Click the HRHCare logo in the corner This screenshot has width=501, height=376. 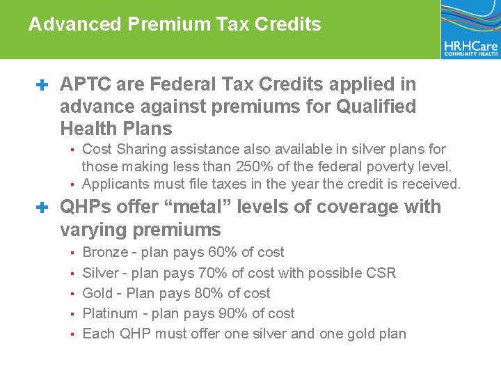click(x=470, y=30)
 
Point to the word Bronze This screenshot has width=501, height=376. click(x=105, y=252)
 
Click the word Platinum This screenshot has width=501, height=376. click(x=109, y=313)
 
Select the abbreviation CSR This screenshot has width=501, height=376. click(x=381, y=273)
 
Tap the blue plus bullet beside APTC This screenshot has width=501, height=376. click(x=42, y=85)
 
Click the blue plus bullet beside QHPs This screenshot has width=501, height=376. click(x=42, y=207)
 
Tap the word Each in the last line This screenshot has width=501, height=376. click(x=99, y=334)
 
